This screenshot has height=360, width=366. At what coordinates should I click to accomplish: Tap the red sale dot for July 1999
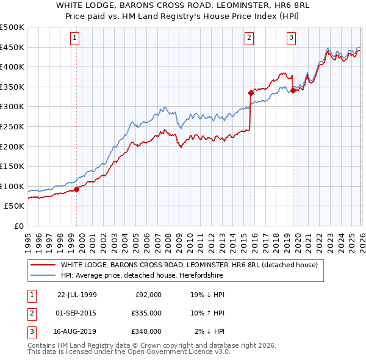point(77,189)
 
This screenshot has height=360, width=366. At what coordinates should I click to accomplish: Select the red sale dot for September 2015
point(251,93)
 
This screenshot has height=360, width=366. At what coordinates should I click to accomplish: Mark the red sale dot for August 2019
point(293,91)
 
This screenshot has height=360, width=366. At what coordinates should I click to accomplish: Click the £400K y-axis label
point(12,67)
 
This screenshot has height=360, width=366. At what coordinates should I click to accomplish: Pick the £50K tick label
point(14,206)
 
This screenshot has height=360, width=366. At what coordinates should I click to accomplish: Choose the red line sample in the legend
point(43,265)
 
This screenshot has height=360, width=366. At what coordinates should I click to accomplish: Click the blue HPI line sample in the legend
point(43,275)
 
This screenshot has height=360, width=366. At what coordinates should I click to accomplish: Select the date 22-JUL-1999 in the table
point(77,294)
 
